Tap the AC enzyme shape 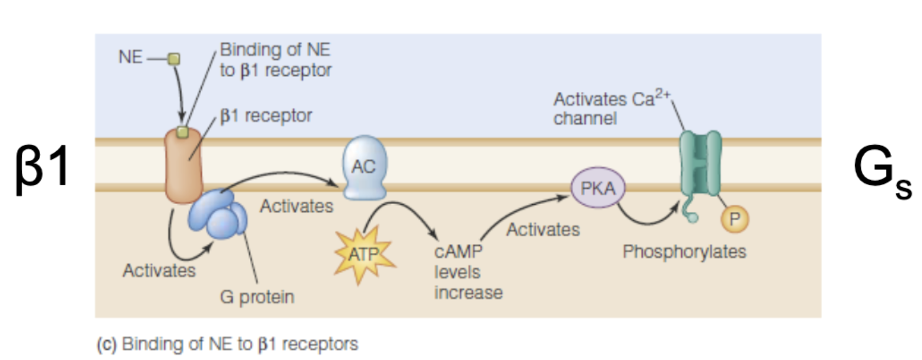pyautogui.click(x=363, y=169)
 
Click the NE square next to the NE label pyautogui.click(x=173, y=59)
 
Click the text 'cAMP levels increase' pyautogui.click(x=467, y=273)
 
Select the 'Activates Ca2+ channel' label pyautogui.click(x=612, y=108)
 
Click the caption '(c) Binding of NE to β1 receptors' pyautogui.click(x=227, y=343)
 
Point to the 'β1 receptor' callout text pyautogui.click(x=266, y=115)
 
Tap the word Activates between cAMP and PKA pyautogui.click(x=543, y=229)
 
